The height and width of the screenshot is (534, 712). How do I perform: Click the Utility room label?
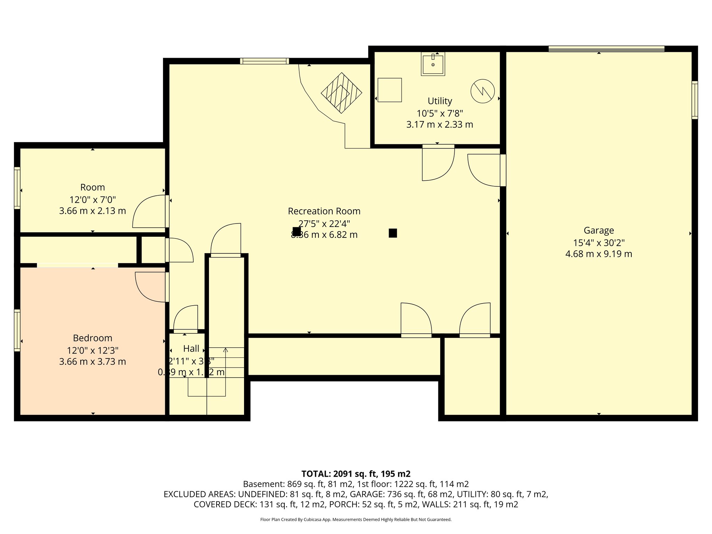click(440, 101)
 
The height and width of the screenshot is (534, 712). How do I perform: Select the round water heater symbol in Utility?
click(483, 91)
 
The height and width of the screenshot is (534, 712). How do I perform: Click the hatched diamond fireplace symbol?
click(341, 93)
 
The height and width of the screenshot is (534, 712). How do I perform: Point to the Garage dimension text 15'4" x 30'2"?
click(599, 243)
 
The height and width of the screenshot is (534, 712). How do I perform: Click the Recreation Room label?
click(324, 211)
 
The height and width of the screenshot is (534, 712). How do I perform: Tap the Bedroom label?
click(92, 338)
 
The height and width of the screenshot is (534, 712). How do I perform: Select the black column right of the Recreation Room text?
click(393, 233)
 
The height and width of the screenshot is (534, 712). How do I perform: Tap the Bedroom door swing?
click(151, 287)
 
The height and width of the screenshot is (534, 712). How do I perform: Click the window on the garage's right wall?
click(695, 100)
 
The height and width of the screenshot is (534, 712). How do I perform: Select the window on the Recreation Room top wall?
click(264, 62)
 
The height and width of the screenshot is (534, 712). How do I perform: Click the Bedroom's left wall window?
click(17, 330)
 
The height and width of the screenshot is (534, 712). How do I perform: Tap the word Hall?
click(191, 349)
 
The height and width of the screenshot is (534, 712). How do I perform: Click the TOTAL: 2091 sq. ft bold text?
click(356, 474)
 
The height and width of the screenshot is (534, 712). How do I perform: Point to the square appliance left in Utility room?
click(389, 90)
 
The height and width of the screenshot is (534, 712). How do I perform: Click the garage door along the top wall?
click(606, 49)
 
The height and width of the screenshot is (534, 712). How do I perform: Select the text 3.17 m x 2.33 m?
click(439, 124)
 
